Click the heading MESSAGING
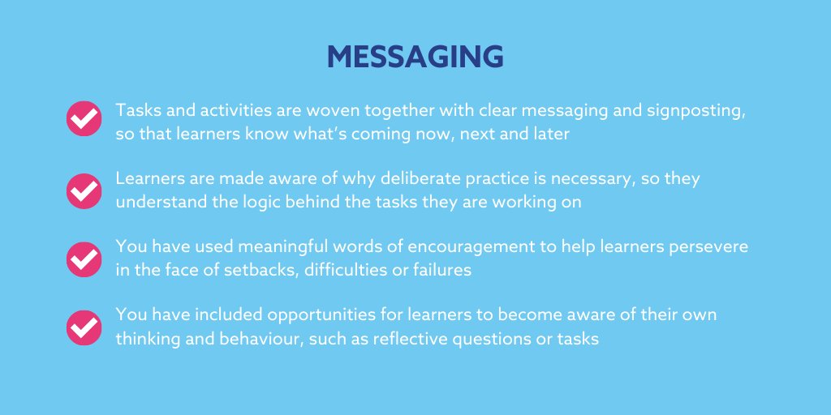point(415,58)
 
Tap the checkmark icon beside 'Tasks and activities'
point(83,119)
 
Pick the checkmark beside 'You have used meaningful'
point(83,258)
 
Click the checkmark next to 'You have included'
point(83,327)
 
